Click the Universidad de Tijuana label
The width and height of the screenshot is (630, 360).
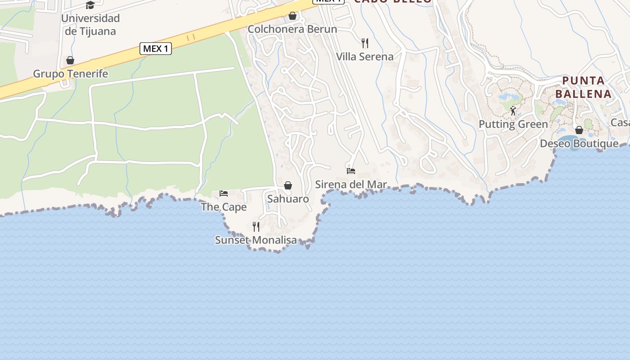coord(90,25)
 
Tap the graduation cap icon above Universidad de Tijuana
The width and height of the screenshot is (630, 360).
coord(90,5)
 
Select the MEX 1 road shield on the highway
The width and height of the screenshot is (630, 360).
coord(156,49)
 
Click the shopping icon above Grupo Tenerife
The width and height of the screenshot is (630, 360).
coord(70,60)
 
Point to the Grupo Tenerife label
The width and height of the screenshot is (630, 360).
coord(71,74)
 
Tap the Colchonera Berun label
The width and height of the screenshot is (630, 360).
coord(292,29)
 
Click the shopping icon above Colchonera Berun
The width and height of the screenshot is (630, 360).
coord(292,16)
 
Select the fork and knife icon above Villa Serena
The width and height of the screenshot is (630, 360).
coord(365,43)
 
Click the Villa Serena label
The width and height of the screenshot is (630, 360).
coord(365,57)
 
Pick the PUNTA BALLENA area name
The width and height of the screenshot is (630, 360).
coord(583,87)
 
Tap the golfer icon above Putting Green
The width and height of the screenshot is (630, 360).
coord(513,111)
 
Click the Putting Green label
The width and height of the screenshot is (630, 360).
coord(513,124)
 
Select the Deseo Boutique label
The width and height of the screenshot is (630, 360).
coord(579,144)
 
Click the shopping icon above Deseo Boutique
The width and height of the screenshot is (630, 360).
coord(579,130)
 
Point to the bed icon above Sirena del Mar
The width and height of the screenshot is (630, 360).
coord(351,171)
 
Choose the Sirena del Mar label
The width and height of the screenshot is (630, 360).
coord(351,184)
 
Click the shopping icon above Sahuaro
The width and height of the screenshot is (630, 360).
coord(288,185)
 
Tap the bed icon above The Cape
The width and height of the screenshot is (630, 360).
coord(224,193)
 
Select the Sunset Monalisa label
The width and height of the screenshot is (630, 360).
coord(256,240)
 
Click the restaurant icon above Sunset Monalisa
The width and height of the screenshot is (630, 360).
coord(256,226)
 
